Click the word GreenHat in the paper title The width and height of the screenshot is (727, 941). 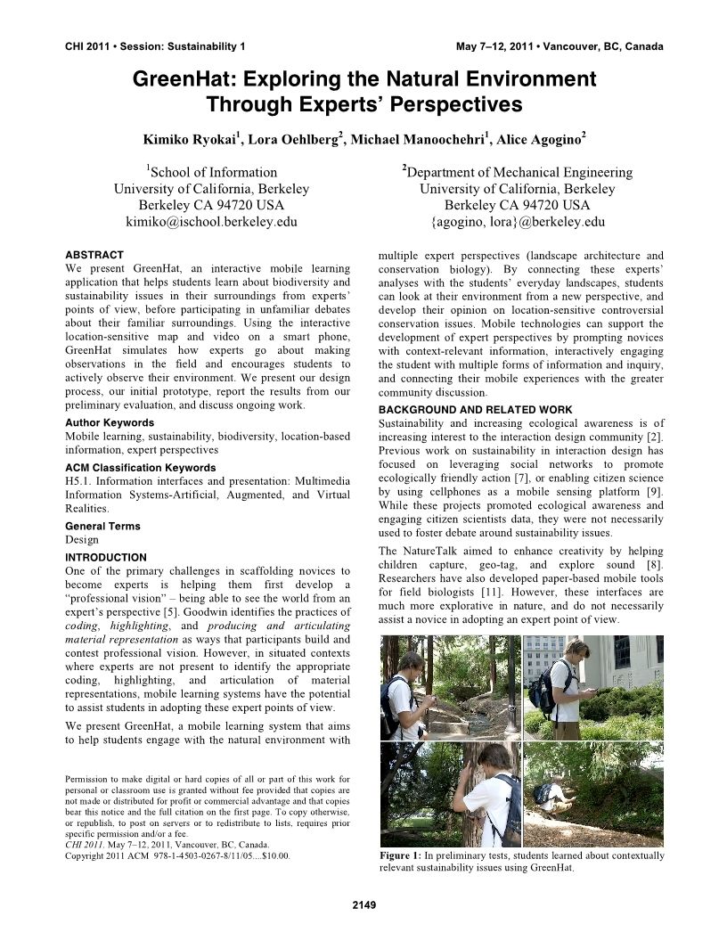click(175, 79)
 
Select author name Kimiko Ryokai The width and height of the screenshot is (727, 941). click(189, 140)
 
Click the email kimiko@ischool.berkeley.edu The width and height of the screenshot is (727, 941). click(212, 222)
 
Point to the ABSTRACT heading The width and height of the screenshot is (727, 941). click(94, 255)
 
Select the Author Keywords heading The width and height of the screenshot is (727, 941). click(110, 422)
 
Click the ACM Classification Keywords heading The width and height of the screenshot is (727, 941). click(141, 468)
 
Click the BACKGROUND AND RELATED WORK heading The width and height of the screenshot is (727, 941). click(476, 410)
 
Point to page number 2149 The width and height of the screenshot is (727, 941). click(363, 906)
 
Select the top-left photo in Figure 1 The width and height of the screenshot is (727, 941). click(449, 688)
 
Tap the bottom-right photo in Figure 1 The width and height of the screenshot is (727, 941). click(593, 794)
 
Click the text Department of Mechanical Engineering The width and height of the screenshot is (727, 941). click(519, 172)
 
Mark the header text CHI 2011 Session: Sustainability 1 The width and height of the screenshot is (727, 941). click(156, 46)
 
